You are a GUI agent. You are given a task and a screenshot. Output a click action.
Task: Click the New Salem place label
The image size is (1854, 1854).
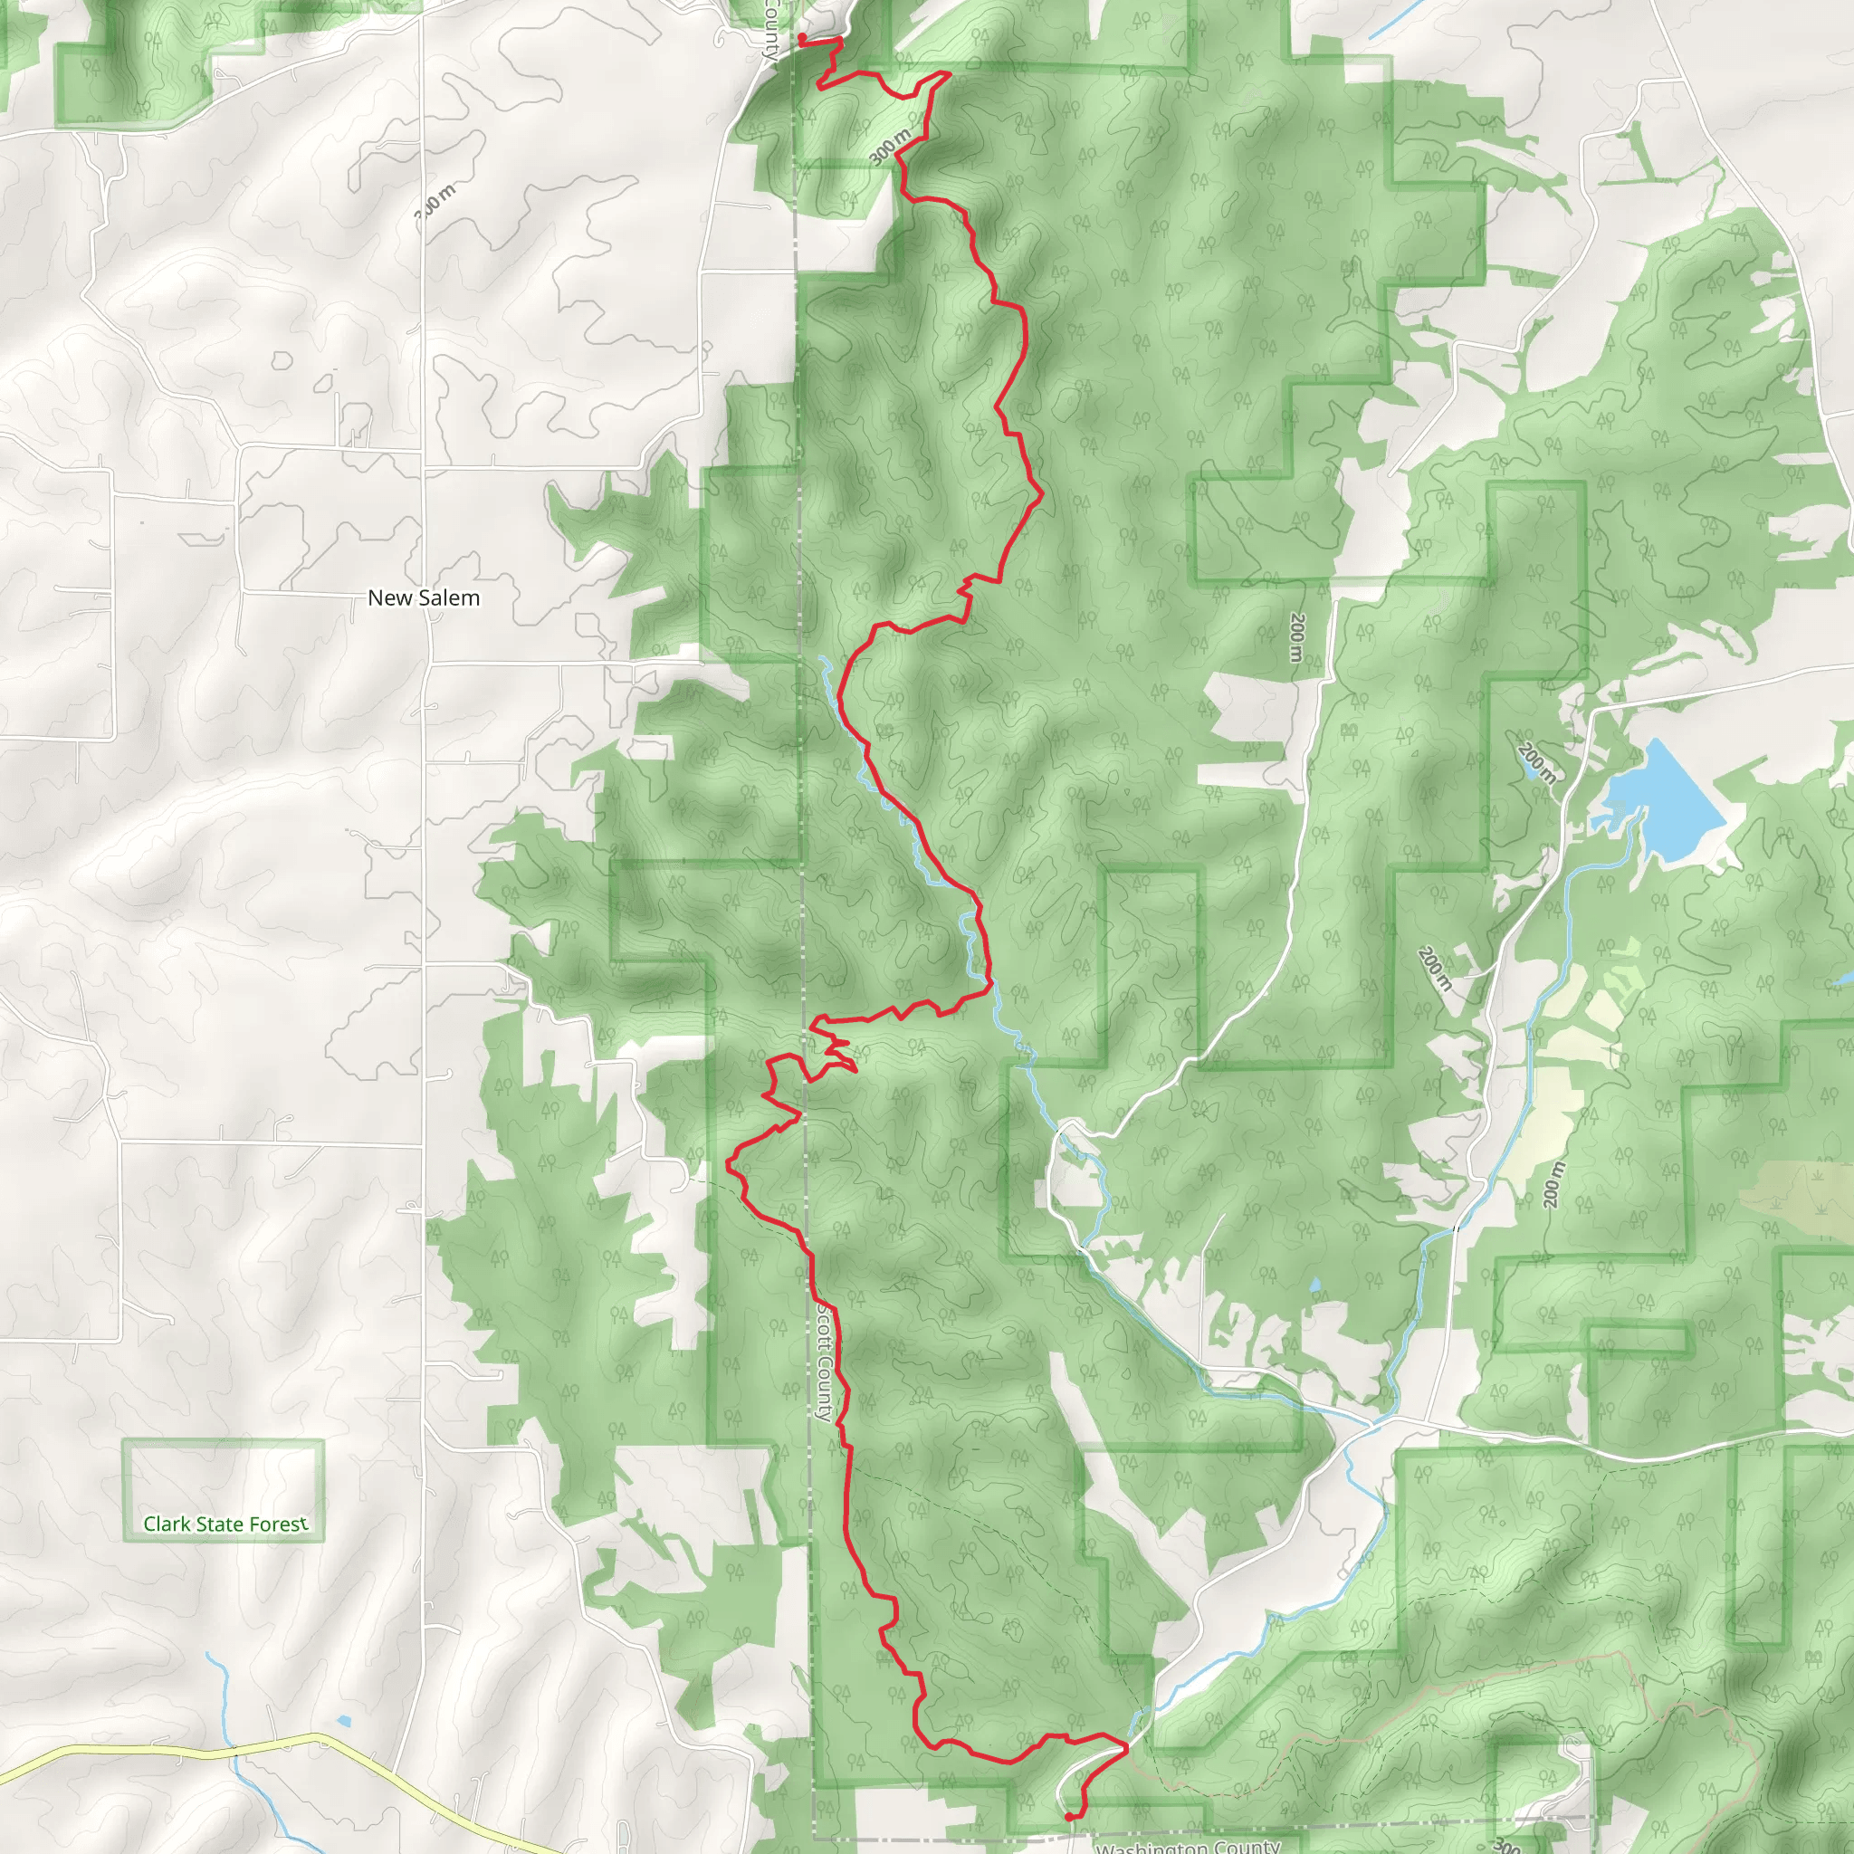423,597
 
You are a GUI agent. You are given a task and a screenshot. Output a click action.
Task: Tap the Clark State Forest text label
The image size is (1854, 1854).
225,1524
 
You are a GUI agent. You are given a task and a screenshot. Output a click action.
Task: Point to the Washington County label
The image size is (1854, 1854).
1188,1845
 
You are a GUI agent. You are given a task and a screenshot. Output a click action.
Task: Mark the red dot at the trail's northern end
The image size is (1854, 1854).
802,37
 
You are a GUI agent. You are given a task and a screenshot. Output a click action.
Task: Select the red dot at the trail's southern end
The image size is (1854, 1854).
1069,1816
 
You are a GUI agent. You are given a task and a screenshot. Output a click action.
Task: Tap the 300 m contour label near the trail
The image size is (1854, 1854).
891,147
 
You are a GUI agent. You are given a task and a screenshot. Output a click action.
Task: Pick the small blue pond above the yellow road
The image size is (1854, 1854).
343,1721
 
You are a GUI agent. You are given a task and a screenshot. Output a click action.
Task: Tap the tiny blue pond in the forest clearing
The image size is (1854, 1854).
1314,1283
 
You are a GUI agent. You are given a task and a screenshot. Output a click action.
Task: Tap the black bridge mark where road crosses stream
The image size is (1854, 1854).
1456,1228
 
